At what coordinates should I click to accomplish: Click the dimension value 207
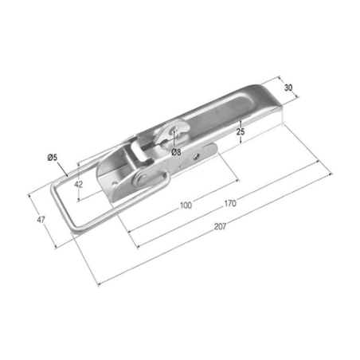coord(221,226)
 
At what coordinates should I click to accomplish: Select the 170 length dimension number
coord(230,203)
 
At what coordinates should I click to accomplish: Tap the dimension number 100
coord(186,205)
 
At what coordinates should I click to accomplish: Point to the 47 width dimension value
coord(41,220)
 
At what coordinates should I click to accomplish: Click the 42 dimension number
coord(78,184)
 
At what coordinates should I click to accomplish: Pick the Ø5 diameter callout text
coord(53,158)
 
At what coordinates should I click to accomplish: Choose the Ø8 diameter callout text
coord(176,152)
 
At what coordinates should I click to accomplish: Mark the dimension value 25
coord(241,131)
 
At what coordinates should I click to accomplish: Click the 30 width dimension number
coord(288,88)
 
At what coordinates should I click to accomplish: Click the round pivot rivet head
coord(142,179)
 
